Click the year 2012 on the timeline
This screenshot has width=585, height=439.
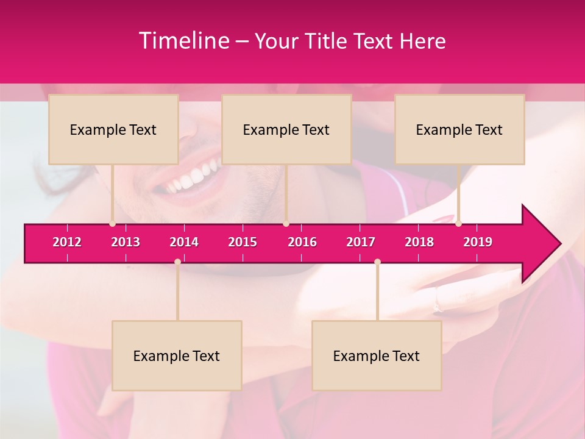[x=67, y=242]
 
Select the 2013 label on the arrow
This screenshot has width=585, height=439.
[x=126, y=242]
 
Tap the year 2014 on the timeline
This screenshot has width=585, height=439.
[x=184, y=242]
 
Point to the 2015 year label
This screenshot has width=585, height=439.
[x=243, y=242]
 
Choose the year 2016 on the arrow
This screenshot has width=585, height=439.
[x=302, y=242]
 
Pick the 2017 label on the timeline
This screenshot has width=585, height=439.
[x=361, y=242]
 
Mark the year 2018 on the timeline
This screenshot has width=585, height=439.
[x=419, y=242]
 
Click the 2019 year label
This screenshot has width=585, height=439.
[x=478, y=242]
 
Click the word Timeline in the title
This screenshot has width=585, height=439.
[x=183, y=41]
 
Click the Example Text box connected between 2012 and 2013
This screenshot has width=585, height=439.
[x=113, y=129]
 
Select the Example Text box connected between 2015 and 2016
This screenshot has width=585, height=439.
[x=286, y=129]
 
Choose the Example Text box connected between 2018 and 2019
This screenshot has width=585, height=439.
[x=459, y=129]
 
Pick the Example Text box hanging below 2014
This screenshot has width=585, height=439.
[x=177, y=355]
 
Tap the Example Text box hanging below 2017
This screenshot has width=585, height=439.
[x=377, y=355]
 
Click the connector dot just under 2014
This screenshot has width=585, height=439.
[x=177, y=262]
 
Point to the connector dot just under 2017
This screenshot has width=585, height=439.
[x=377, y=262]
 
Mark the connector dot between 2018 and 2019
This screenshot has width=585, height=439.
[x=458, y=223]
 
